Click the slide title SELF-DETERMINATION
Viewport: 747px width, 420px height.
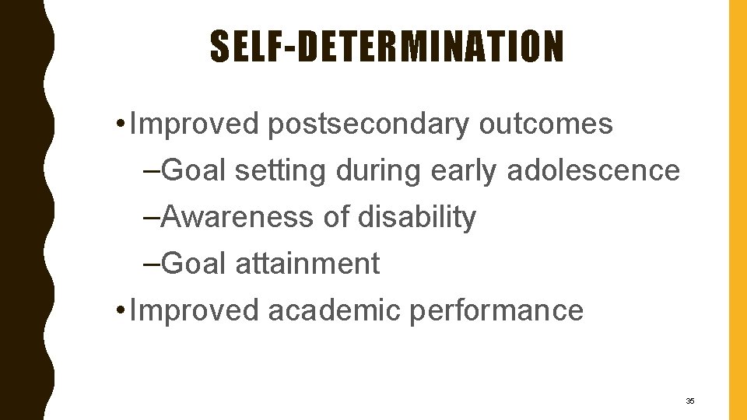click(386, 47)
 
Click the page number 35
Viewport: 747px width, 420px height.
click(689, 401)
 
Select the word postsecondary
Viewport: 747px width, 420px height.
click(369, 124)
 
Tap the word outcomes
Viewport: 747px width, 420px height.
click(545, 124)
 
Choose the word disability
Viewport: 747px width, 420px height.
click(416, 218)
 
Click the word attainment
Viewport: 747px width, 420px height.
click(307, 264)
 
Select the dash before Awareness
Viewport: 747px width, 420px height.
click(153, 219)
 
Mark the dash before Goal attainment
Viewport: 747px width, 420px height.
click(153, 265)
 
